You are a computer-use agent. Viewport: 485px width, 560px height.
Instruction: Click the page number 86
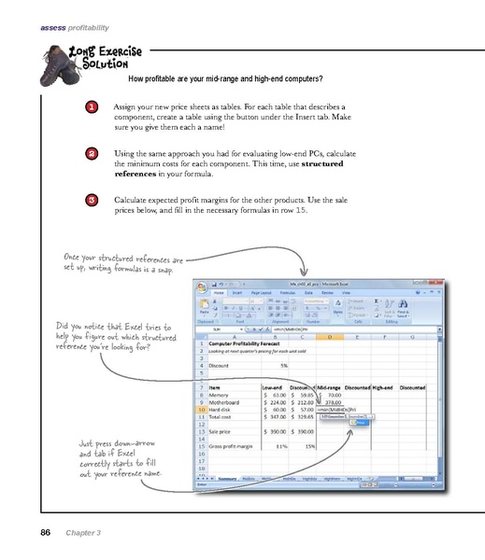[44, 532]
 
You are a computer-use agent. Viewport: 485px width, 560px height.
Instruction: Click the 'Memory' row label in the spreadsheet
[221, 395]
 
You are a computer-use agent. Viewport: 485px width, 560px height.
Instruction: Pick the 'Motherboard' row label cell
[228, 403]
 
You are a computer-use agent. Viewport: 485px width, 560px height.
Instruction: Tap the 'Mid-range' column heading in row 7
[328, 385]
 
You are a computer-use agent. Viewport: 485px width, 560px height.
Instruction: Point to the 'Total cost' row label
[224, 419]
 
